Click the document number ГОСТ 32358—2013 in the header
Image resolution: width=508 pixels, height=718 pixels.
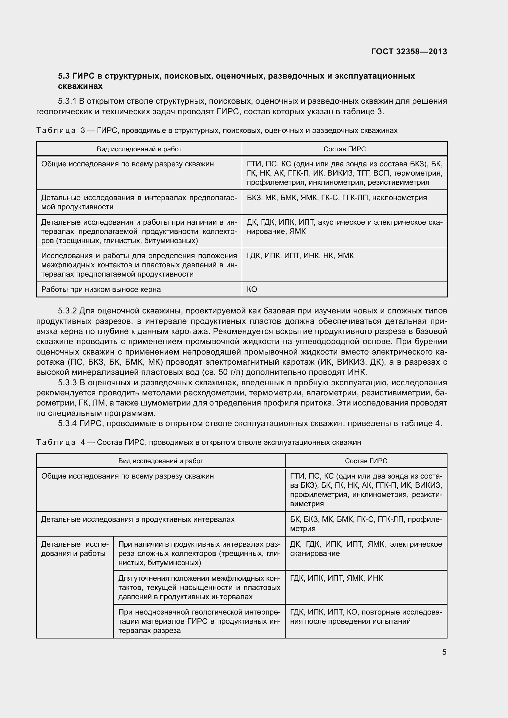click(409, 52)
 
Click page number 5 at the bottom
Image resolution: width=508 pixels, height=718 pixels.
click(444, 652)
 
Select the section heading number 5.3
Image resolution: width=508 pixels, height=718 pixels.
click(64, 76)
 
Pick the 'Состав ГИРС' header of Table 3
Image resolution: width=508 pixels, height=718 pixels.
click(344, 149)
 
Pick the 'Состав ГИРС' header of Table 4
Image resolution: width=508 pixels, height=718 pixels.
click(366, 461)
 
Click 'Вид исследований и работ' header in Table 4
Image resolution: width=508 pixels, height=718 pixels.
click(161, 461)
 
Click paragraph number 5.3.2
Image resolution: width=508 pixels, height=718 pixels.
click(67, 311)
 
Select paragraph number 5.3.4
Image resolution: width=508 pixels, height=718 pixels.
click(67, 423)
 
